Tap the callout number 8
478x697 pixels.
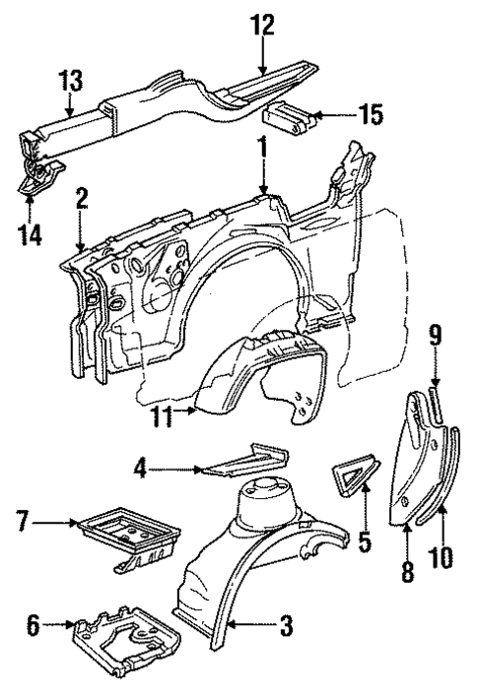tap(407, 571)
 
